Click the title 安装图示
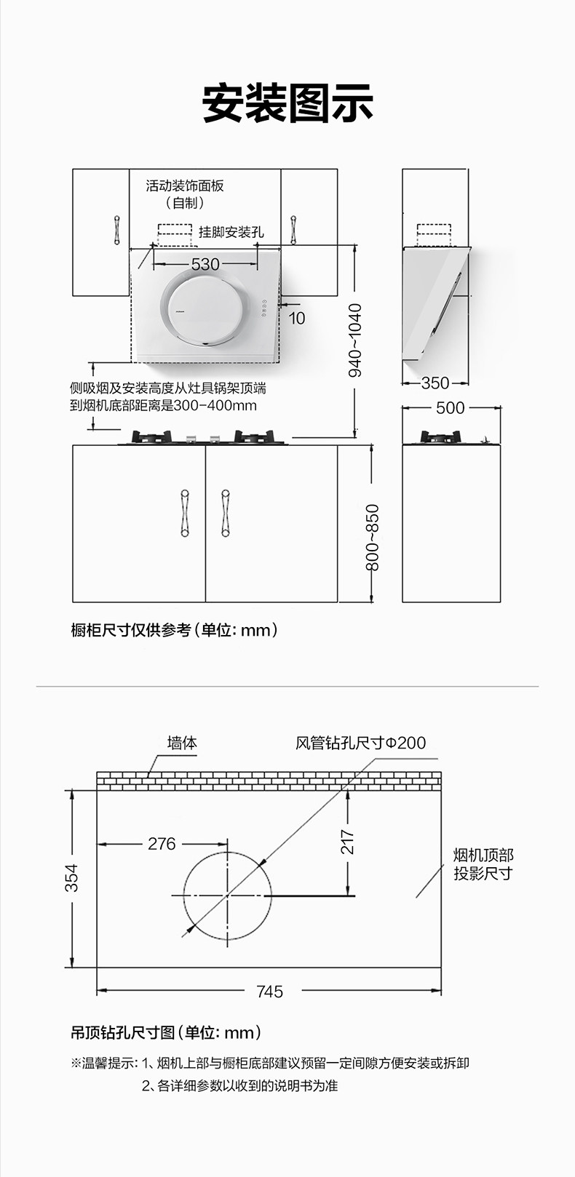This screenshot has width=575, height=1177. click(x=287, y=103)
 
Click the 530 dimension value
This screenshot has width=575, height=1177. click(x=205, y=264)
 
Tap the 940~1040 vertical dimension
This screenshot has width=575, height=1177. click(x=356, y=340)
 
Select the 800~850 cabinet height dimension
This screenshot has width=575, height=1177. click(x=372, y=537)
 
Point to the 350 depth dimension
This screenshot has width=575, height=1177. click(x=435, y=383)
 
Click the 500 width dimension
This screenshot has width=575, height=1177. click(x=451, y=408)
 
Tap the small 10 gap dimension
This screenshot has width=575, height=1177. click(x=297, y=319)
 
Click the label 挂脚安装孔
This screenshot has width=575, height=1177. click(x=231, y=232)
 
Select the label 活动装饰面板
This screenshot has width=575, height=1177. click(x=185, y=185)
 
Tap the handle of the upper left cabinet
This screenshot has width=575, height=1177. click(x=116, y=230)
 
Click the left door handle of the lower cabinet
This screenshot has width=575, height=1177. click(x=185, y=513)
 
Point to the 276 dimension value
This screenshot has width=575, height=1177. click(x=162, y=843)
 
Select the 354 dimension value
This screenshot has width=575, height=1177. click(x=71, y=878)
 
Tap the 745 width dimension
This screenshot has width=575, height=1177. click(x=269, y=992)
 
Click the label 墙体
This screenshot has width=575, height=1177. click(x=182, y=743)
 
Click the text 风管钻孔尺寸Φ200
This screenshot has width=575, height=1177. click(x=360, y=743)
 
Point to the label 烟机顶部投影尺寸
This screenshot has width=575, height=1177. click(x=483, y=864)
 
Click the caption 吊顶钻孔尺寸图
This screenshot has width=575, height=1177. click(x=123, y=1032)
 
